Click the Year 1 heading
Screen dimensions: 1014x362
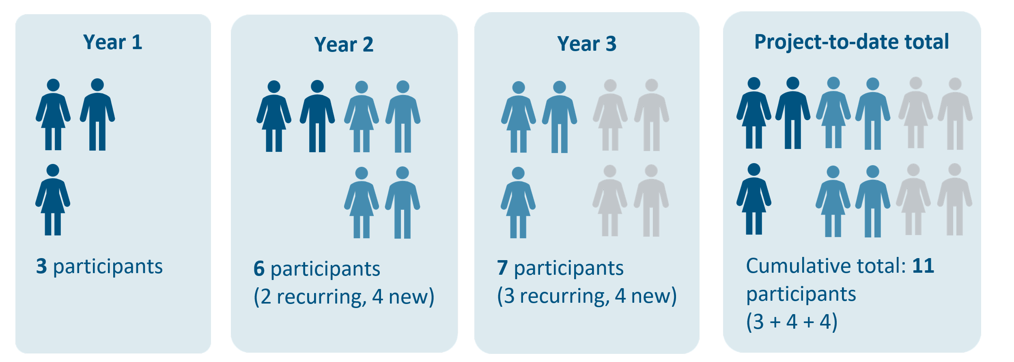(113, 42)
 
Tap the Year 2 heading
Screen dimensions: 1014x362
(344, 44)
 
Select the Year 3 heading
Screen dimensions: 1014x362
(587, 43)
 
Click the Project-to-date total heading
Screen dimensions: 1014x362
(851, 42)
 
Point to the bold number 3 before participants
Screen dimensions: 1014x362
(41, 266)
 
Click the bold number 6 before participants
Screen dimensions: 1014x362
(259, 269)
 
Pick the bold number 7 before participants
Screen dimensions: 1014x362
(502, 268)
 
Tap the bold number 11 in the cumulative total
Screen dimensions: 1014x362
(923, 266)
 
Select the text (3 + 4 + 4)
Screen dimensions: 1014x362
(792, 322)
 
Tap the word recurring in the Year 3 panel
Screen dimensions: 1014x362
(565, 296)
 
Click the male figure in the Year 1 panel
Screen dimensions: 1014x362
(97, 114)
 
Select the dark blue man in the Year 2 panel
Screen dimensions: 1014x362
(317, 116)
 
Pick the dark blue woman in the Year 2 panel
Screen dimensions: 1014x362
(274, 116)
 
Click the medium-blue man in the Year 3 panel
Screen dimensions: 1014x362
(560, 117)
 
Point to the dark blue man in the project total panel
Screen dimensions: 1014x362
(793, 113)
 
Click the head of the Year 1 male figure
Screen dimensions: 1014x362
(97, 85)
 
